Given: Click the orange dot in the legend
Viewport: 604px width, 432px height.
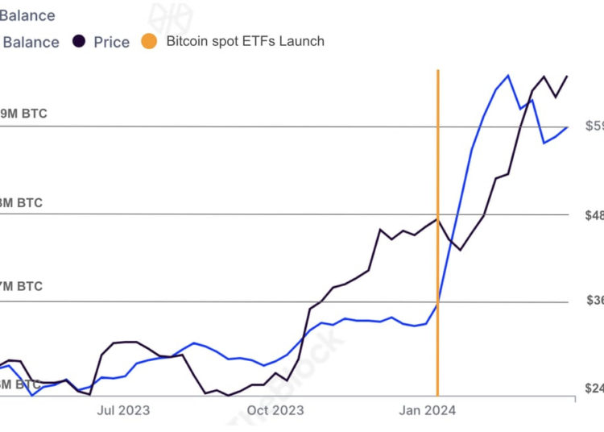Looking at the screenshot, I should [150, 41].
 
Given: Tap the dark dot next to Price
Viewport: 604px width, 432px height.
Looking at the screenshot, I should [79, 41].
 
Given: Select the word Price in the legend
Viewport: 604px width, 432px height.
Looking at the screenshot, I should [111, 42].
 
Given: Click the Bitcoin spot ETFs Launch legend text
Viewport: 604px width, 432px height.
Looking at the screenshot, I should [245, 41].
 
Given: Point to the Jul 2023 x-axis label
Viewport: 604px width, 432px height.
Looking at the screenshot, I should [123, 410].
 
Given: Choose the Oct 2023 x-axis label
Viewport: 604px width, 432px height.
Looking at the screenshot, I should [276, 410].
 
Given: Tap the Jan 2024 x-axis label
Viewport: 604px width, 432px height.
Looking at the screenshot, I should [428, 410].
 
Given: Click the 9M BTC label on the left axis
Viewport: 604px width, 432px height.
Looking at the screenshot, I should [23, 114].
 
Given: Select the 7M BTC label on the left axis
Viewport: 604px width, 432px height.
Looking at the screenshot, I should [21, 286].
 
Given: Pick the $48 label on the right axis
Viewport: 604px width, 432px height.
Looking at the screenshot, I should [594, 215].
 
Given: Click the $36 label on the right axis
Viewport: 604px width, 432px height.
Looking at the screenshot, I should [594, 301].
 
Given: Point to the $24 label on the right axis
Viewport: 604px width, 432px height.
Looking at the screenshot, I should [594, 388].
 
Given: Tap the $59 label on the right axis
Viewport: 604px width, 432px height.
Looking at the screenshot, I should [594, 126].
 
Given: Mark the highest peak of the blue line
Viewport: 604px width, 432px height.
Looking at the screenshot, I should [508, 76].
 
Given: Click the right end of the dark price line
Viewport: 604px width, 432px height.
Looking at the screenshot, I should [568, 76].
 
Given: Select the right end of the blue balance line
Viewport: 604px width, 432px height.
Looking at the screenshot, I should [568, 127].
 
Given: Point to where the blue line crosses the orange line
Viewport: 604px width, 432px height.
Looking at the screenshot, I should [437, 302].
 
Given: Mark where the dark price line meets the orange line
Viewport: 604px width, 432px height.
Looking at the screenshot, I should [437, 218].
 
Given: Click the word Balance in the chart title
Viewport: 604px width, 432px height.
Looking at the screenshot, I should [28, 15].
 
